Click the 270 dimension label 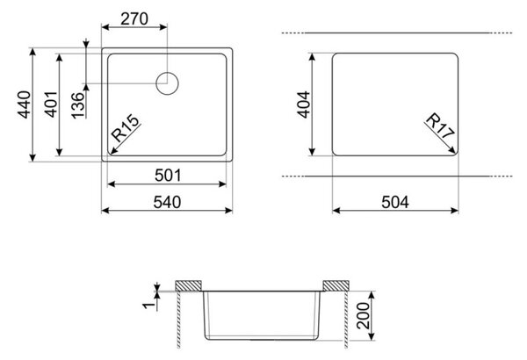pyautogui.click(x=134, y=18)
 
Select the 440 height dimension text pyautogui.click(x=25, y=104)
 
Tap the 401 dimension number pyautogui.click(x=51, y=104)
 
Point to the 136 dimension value pyautogui.click(x=77, y=105)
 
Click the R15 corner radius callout pyautogui.click(x=125, y=128)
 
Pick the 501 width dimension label pyautogui.click(x=168, y=176)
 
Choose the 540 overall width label pyautogui.click(x=167, y=202)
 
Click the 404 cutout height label pyautogui.click(x=303, y=104)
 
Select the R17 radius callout pyautogui.click(x=440, y=126)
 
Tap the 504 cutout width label pyautogui.click(x=395, y=202)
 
